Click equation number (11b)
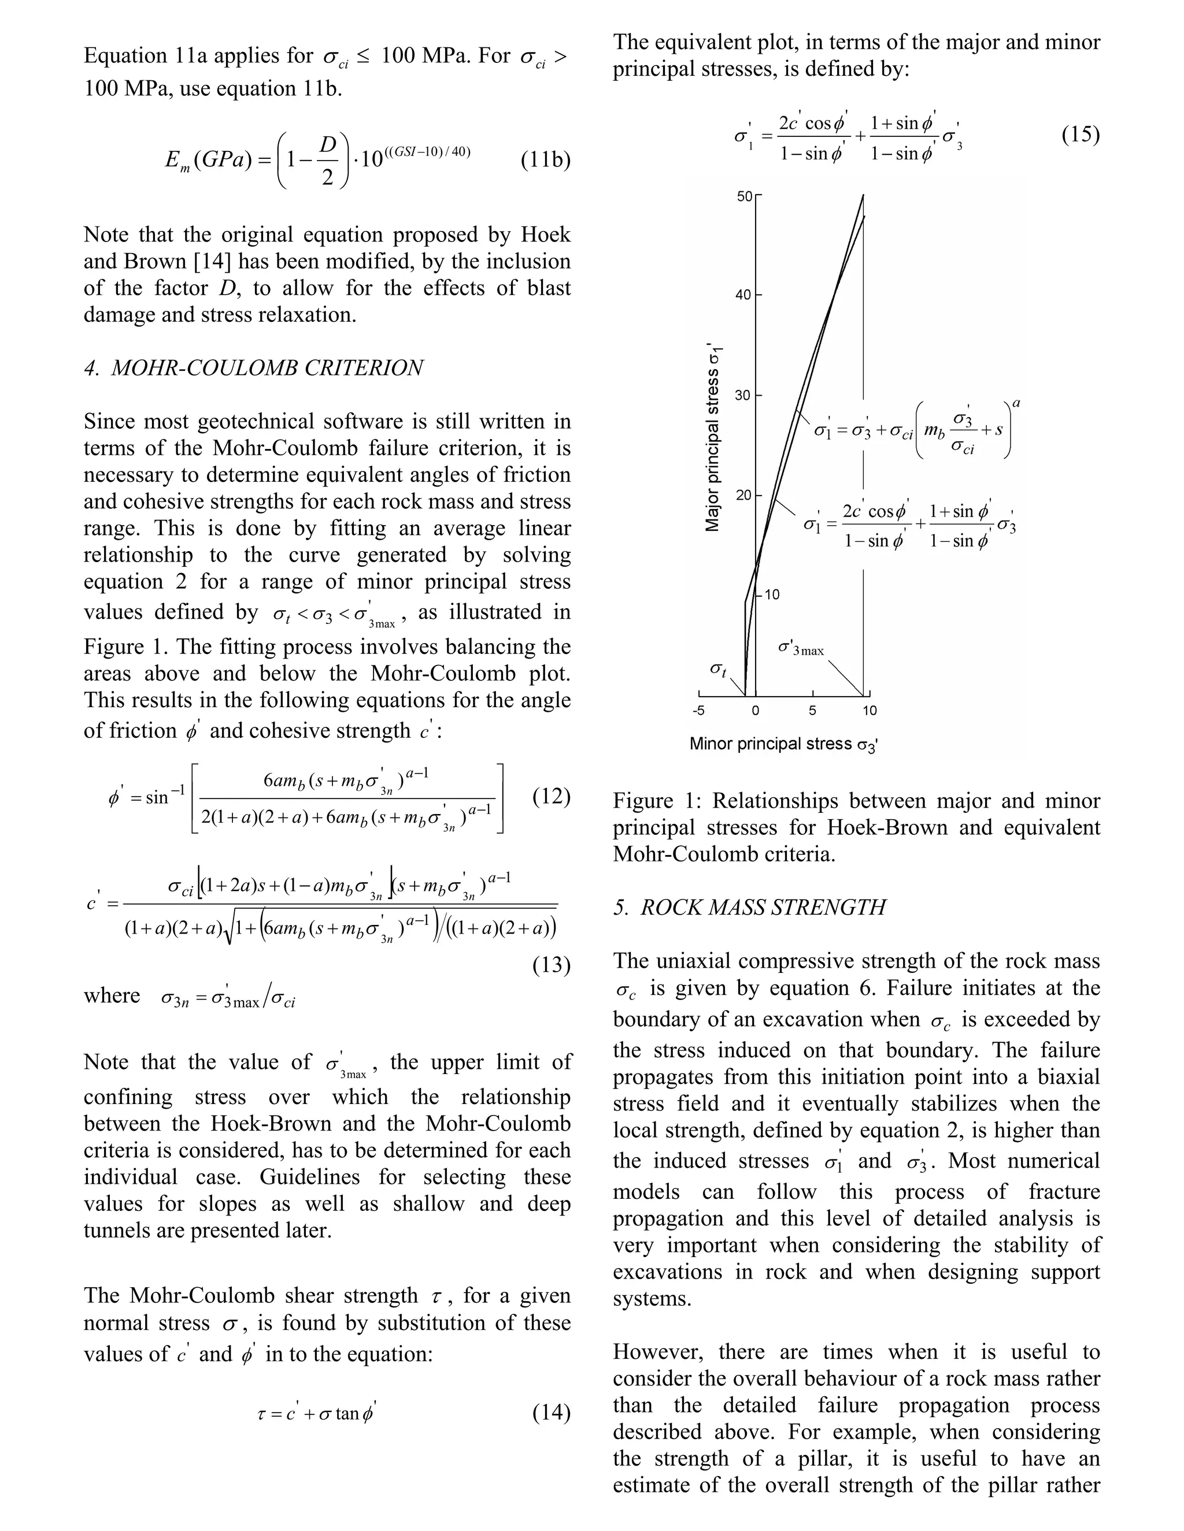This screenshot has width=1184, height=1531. pos(545,161)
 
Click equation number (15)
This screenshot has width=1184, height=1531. pos(1079,134)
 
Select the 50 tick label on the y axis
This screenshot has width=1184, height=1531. pos(743,197)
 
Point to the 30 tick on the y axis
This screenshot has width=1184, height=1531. pos(743,395)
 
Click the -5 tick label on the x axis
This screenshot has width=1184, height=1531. pos(698,711)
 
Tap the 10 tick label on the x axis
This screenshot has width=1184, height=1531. pos(869,711)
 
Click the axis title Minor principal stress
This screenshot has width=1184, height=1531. pos(783,744)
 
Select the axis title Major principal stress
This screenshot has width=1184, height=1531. pos(713,437)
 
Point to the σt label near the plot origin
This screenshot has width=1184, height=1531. pos(717,670)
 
